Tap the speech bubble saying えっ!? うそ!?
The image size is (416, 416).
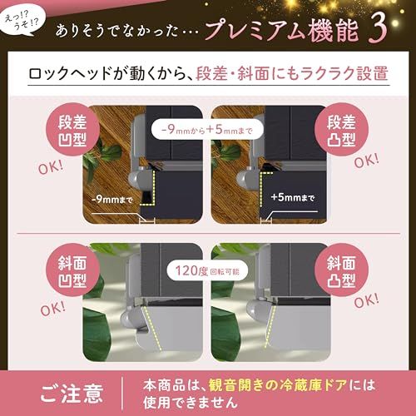coord(22,22)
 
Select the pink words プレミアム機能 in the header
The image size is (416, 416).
coord(281,31)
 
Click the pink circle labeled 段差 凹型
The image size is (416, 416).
coord(72,130)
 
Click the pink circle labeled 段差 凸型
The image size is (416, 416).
coord(341,130)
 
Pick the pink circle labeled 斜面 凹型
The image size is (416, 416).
coord(72,270)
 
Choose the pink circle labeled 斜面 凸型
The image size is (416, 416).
coord(341,270)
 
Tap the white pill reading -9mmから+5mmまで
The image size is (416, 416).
coord(207,130)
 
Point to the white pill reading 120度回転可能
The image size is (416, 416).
coord(207,270)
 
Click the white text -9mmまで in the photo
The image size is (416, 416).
coord(112,200)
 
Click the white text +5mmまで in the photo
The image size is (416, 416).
coord(293,197)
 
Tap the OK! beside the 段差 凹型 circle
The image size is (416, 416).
coord(51,167)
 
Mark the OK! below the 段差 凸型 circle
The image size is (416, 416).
coord(366,161)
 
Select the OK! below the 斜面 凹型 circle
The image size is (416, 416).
coord(52,309)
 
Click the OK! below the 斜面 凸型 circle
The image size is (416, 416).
coord(366,300)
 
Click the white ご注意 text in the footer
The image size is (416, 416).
coord(72,394)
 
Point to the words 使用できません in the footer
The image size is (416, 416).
coord(191,403)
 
